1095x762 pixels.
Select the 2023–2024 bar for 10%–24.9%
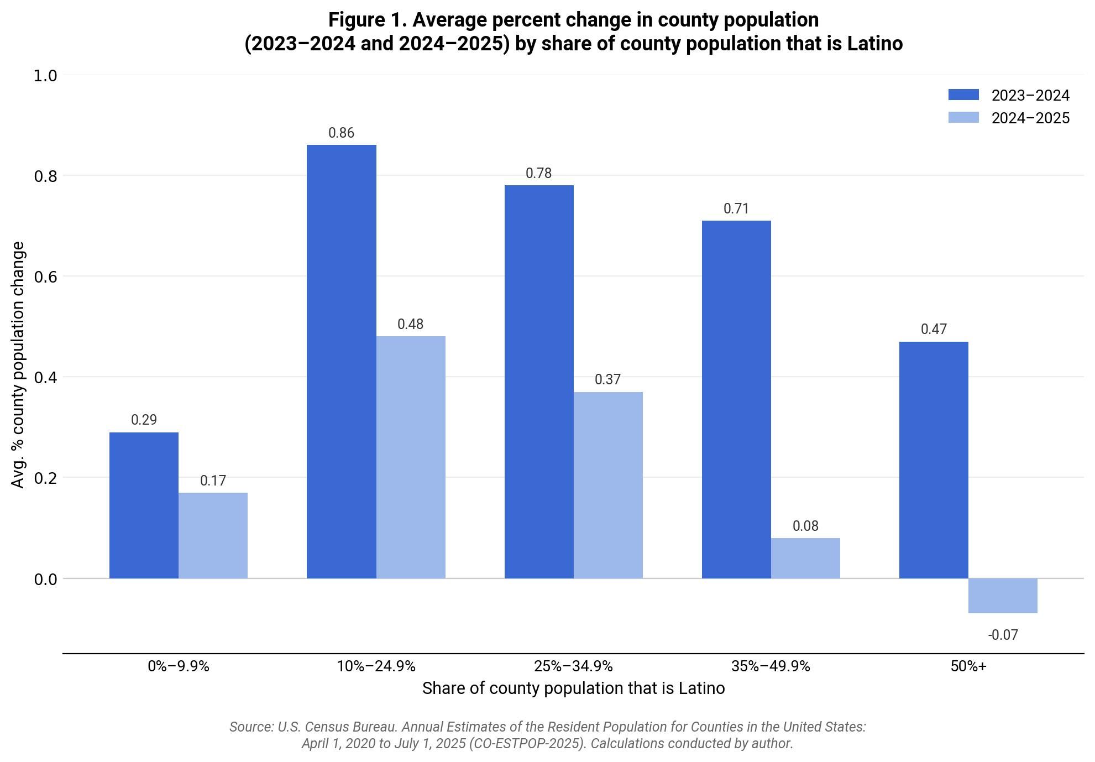(x=341, y=362)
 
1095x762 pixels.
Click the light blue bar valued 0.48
(x=411, y=457)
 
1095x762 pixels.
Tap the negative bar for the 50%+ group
(x=1003, y=596)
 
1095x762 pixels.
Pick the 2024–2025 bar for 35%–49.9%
(x=805, y=558)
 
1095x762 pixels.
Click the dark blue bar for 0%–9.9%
(x=144, y=505)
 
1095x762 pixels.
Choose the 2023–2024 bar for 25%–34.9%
(x=539, y=382)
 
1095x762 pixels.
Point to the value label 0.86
(x=341, y=133)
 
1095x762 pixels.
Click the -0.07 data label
(x=1003, y=635)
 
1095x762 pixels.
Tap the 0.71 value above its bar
(x=736, y=208)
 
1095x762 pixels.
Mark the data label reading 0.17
(x=213, y=481)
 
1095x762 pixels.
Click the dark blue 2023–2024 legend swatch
(x=963, y=95)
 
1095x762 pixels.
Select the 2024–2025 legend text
(x=1030, y=118)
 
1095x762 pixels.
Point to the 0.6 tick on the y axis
(x=46, y=276)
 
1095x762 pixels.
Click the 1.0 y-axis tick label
(x=46, y=75)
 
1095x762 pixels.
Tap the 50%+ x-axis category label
(x=968, y=666)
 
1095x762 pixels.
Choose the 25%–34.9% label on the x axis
(x=573, y=666)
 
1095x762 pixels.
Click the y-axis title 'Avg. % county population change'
(x=18, y=365)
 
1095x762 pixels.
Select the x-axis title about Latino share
(x=573, y=688)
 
